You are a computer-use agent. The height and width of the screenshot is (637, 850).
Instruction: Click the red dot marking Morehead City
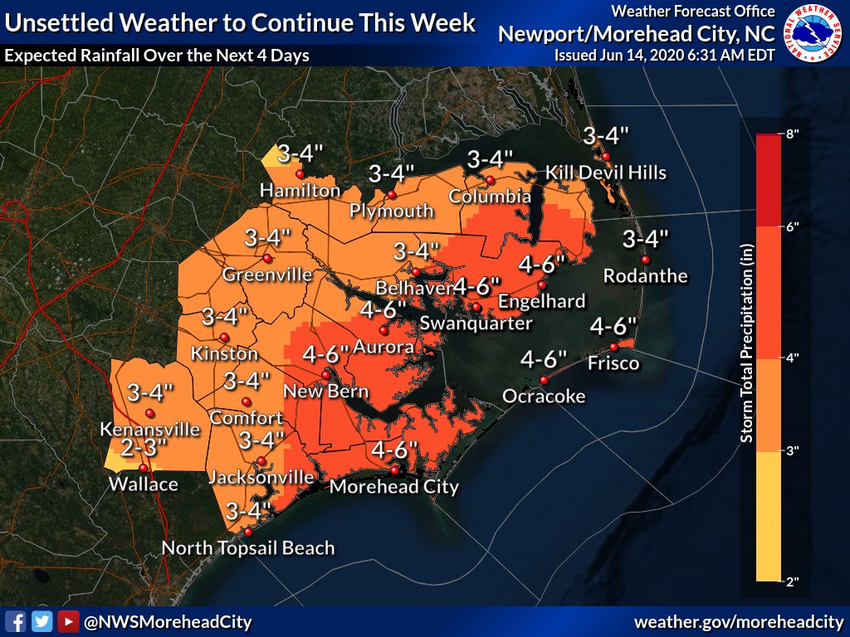394,469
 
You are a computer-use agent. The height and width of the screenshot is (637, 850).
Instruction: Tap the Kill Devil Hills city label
605,173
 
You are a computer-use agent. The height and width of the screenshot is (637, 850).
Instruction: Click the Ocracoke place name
544,396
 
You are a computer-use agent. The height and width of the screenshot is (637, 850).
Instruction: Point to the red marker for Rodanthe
645,260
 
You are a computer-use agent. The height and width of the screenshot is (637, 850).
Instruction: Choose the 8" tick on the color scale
792,134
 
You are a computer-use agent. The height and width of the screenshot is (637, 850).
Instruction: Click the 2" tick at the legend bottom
792,581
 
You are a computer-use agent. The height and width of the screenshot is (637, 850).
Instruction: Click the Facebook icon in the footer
14,621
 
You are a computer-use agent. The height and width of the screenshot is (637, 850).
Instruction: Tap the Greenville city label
267,275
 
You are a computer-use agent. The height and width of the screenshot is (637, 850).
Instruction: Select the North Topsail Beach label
248,547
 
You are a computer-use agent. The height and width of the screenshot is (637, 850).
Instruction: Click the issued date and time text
664,55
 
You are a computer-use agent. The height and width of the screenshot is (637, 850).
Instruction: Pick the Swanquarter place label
476,323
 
